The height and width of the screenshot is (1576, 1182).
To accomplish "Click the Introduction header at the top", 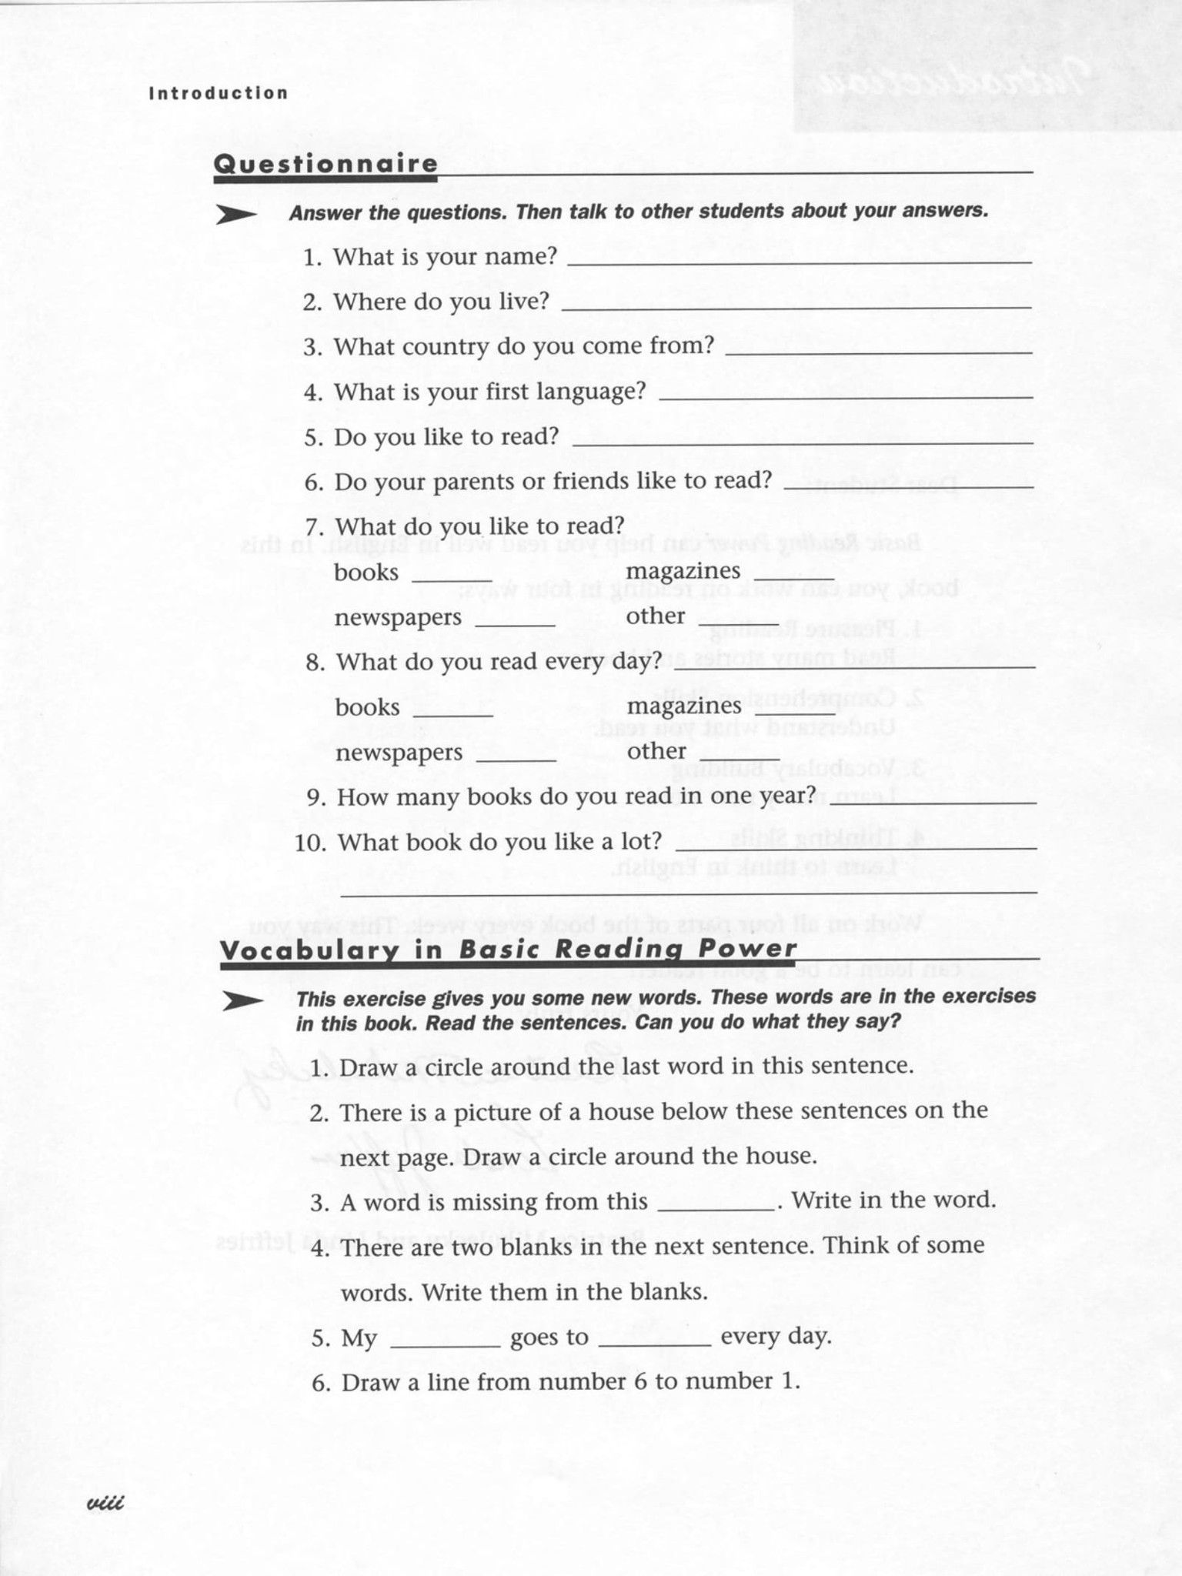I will [x=219, y=93].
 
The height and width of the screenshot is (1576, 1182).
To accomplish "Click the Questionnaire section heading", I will [x=325, y=164].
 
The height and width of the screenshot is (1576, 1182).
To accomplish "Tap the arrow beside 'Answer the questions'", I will [x=235, y=215].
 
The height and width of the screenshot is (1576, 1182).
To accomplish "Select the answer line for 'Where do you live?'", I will [x=796, y=304].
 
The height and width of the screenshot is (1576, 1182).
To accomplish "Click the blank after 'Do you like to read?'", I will [x=803, y=440].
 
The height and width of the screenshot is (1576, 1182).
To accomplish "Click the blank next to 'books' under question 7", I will [x=452, y=576].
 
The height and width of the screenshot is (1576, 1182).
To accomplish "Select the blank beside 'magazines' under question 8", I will [x=795, y=711].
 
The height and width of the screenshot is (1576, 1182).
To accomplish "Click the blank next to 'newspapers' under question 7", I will [x=515, y=623].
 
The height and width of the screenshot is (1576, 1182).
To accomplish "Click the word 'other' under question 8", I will [x=656, y=750].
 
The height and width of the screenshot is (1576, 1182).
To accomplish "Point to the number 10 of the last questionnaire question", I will [x=310, y=843].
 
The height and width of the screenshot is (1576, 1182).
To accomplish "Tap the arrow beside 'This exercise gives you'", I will [x=242, y=1002].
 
